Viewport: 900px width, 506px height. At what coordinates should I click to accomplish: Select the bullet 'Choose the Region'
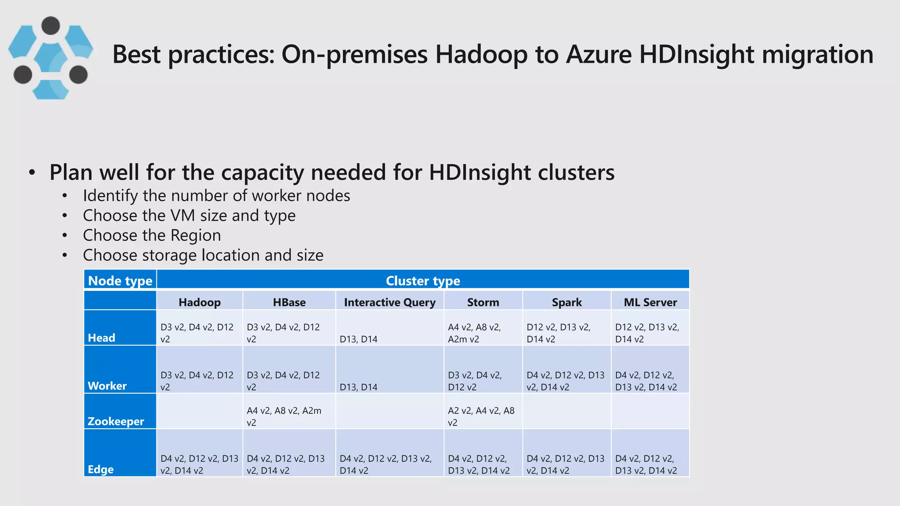[x=152, y=235]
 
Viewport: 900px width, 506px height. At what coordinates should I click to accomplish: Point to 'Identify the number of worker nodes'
[x=216, y=195]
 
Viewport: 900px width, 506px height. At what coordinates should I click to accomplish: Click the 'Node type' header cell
[x=120, y=281]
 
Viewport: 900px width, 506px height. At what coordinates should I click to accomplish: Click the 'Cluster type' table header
[x=423, y=281]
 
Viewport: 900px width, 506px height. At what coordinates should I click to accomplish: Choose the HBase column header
[x=289, y=302]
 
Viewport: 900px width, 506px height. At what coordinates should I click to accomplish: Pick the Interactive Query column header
[x=390, y=302]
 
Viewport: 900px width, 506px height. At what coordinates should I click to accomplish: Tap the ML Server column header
[x=650, y=302]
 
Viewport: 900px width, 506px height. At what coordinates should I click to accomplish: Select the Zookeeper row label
[x=116, y=421]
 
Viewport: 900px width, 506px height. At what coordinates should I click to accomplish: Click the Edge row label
[x=101, y=469]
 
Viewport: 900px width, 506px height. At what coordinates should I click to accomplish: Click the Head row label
[x=102, y=338]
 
